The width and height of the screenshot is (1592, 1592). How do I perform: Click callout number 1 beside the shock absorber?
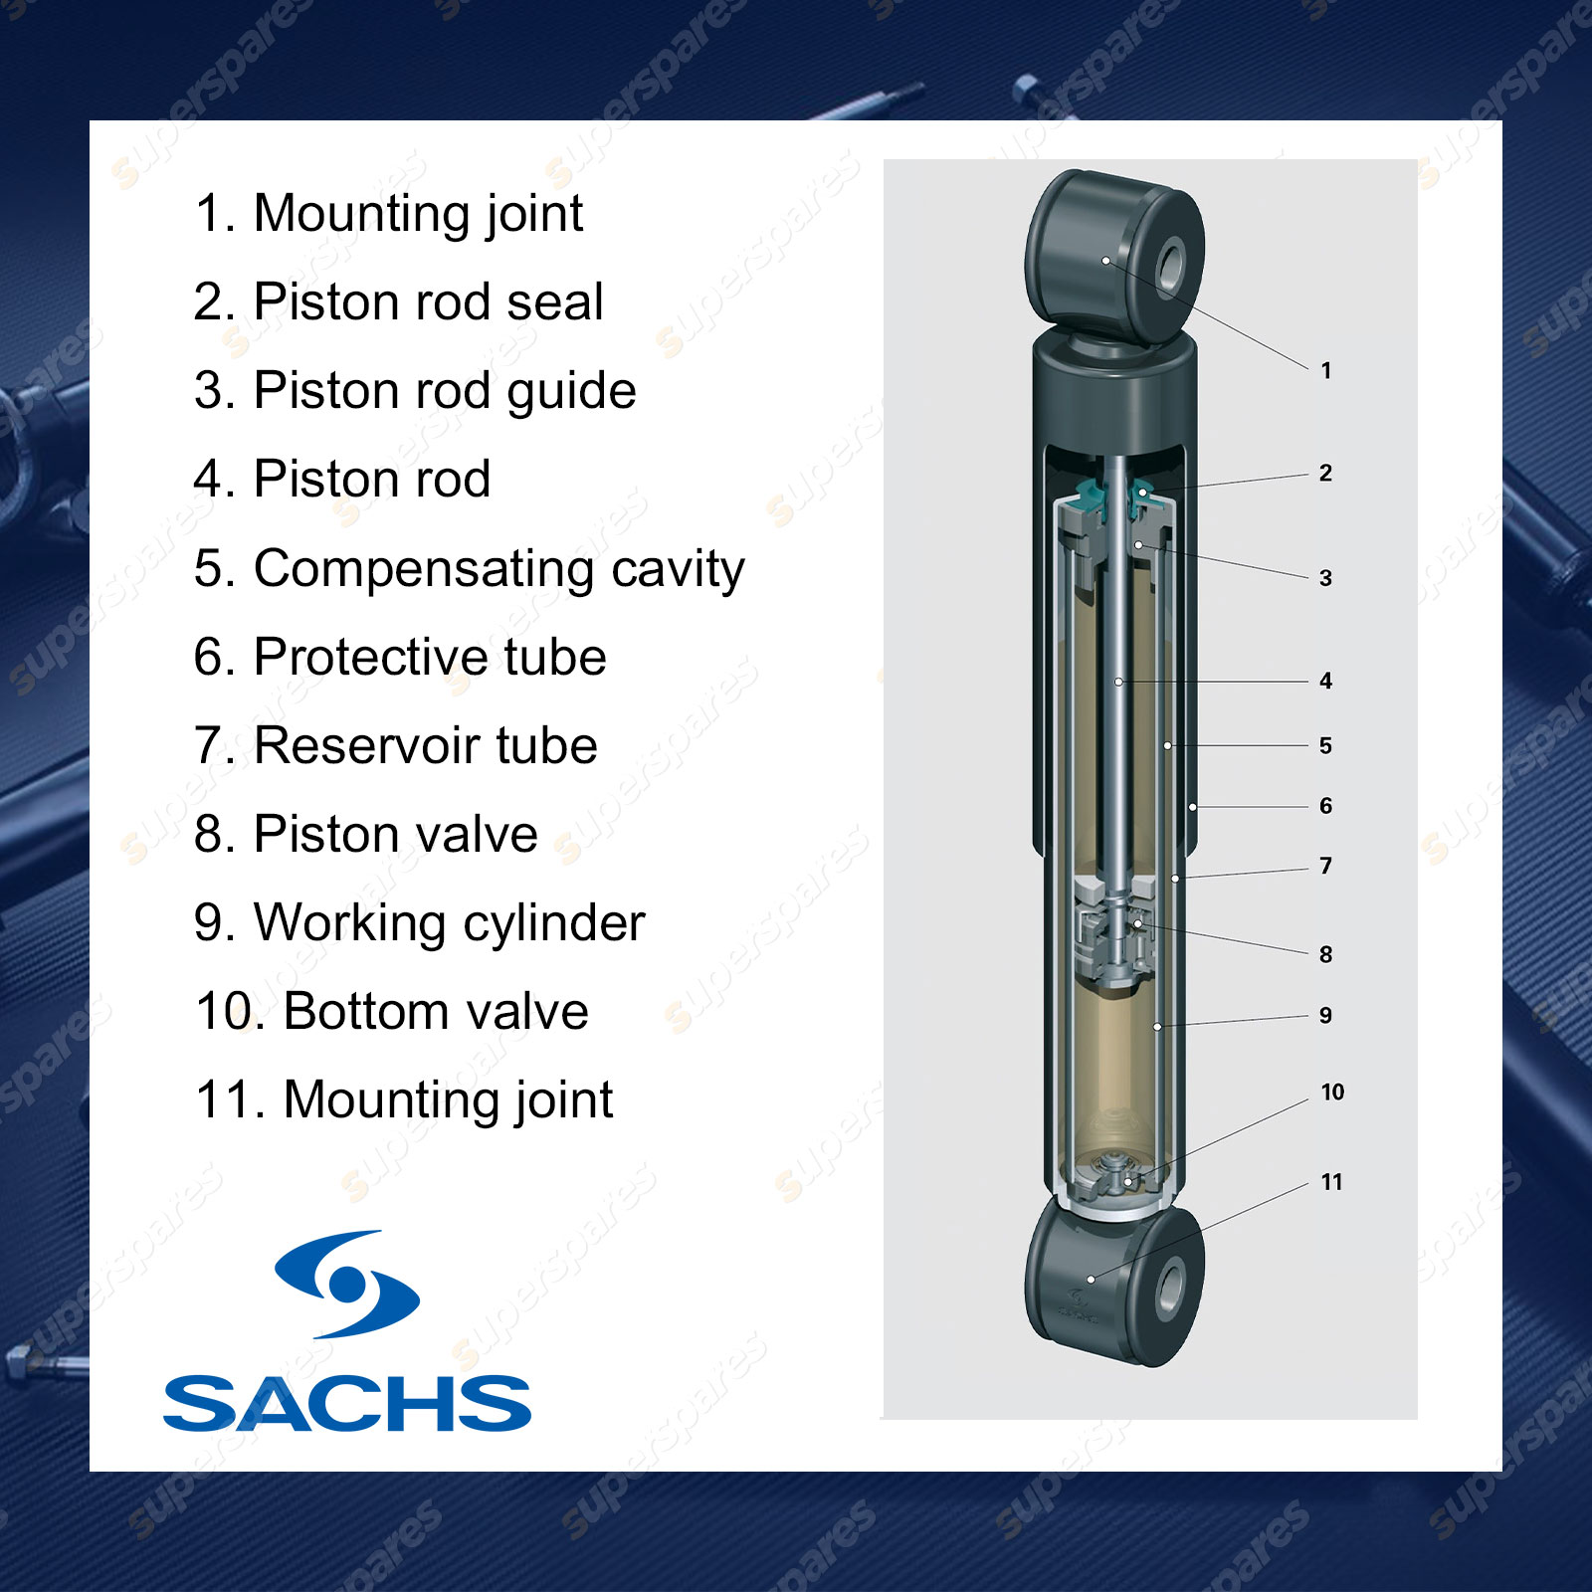coord(1325,370)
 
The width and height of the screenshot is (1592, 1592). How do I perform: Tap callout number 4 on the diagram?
coord(1325,681)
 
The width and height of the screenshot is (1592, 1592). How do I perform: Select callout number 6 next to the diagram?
coord(1325,806)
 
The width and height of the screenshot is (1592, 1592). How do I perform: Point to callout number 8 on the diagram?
coord(1325,954)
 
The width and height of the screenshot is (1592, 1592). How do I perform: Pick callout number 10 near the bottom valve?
coord(1332,1093)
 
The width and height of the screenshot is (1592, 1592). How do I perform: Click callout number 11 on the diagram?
coord(1331,1182)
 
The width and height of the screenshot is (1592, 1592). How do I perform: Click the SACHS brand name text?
coord(347,1404)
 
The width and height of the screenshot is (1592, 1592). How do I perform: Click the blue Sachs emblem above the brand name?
coord(347,1284)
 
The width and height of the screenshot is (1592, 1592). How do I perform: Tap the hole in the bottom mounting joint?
coord(1171,1290)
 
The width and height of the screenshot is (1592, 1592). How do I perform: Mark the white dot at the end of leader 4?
coord(1118,682)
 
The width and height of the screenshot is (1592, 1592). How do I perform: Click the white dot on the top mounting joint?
coord(1105,261)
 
